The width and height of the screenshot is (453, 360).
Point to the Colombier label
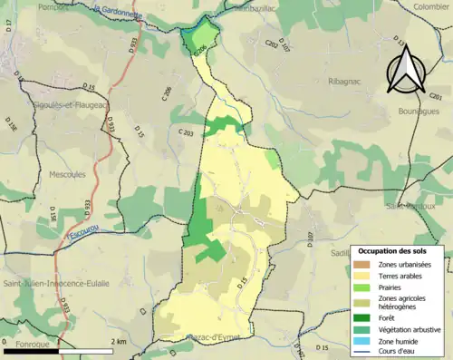[x=430, y=5]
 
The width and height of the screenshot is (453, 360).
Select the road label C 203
[x=186, y=133]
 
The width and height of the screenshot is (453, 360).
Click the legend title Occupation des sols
[x=391, y=249]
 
